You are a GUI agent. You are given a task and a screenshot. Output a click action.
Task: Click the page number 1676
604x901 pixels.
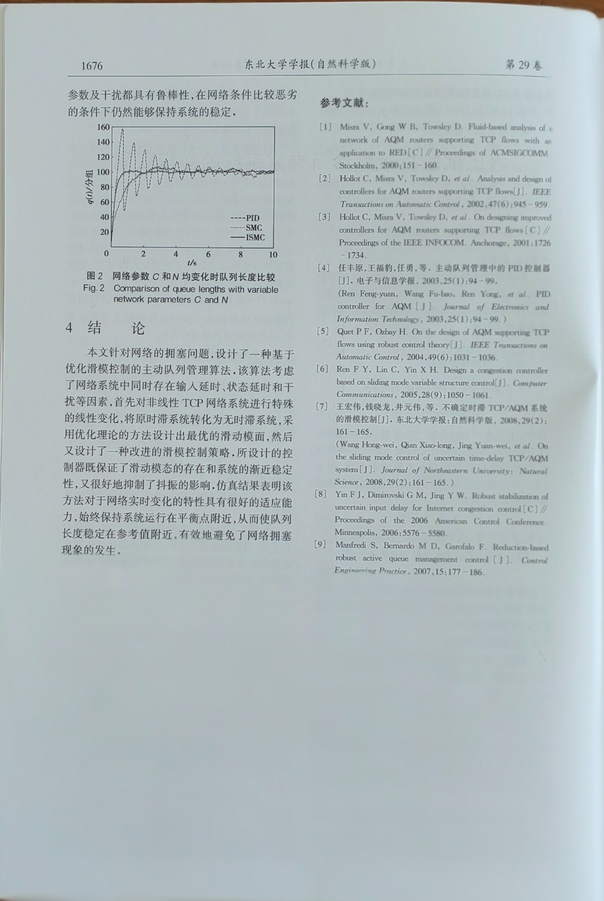(92, 66)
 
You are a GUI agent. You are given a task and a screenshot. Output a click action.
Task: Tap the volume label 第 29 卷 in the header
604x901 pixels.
(523, 65)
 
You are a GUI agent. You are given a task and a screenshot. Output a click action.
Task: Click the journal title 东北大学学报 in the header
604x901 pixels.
(277, 64)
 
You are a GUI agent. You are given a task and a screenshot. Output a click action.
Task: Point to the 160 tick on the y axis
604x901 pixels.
(103, 127)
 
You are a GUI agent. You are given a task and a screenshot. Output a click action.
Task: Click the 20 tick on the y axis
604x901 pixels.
(105, 232)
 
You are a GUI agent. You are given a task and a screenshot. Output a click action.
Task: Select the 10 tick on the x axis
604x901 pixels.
(273, 255)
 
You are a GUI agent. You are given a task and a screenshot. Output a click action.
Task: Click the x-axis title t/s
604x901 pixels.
(192, 263)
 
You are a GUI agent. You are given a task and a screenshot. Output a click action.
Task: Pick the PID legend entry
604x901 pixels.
(246, 218)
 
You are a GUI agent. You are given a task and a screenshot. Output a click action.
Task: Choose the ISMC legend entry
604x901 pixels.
(248, 238)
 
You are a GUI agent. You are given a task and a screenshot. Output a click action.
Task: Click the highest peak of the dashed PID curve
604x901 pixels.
(122, 130)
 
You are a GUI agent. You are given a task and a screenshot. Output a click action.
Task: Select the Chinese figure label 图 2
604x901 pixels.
(95, 276)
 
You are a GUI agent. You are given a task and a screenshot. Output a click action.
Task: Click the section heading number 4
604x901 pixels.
(69, 328)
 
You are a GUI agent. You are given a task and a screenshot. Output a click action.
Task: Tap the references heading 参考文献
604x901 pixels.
(344, 103)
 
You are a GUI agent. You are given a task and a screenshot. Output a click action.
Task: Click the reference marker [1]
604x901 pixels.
(325, 127)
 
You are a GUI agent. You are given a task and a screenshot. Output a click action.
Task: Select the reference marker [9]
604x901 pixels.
(320, 545)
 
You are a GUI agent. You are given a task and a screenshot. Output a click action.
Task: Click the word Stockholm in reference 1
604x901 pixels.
(357, 166)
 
